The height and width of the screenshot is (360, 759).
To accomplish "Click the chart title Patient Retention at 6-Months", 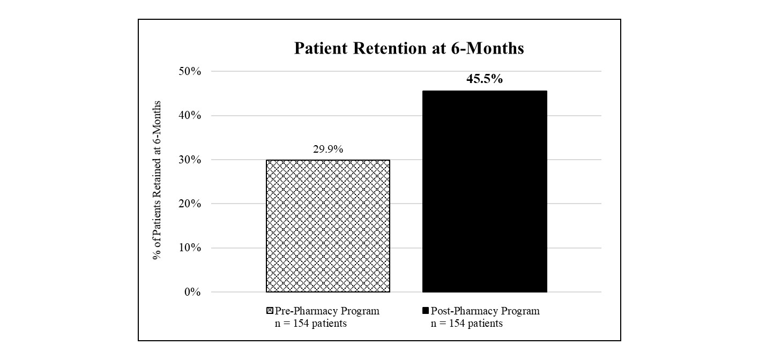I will click(409, 49).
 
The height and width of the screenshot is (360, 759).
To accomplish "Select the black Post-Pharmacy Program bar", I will click(485, 191).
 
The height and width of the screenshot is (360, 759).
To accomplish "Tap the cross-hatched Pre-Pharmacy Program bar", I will click(328, 226).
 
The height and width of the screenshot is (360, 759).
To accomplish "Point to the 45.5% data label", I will click(485, 79).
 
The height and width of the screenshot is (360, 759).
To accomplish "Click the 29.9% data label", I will click(328, 149).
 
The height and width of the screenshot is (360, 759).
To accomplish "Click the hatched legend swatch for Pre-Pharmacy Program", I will click(270, 311).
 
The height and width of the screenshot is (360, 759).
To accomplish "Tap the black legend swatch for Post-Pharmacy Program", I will click(426, 311).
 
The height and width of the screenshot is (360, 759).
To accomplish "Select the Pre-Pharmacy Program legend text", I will click(327, 311).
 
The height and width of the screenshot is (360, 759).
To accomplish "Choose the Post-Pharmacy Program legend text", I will click(485, 311).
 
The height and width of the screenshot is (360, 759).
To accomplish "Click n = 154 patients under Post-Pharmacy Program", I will click(467, 324).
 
